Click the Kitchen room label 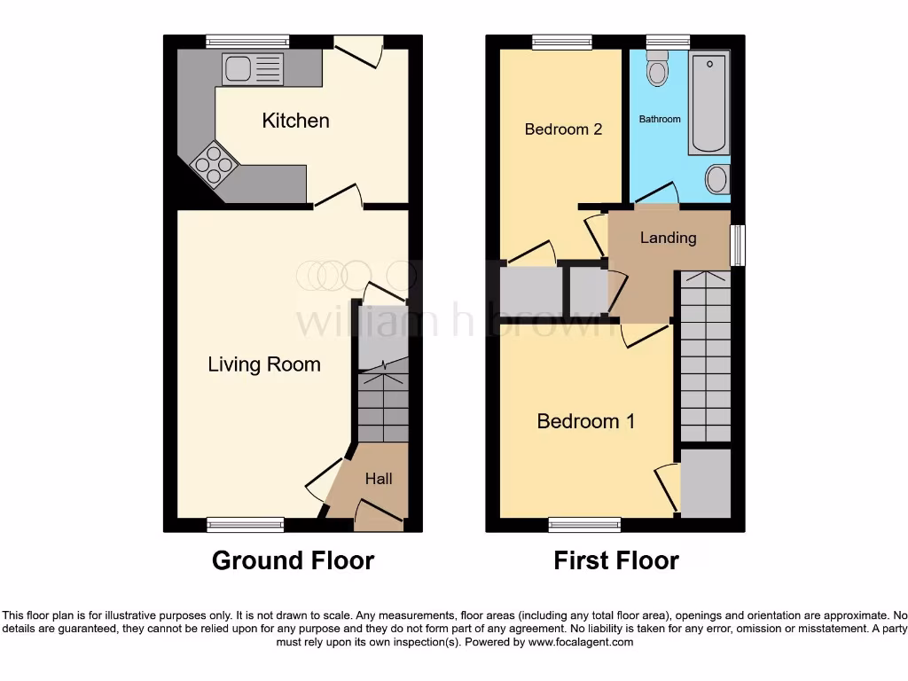295,121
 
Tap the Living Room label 264,364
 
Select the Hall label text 379,479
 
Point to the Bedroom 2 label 563,129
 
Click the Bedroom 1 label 585,421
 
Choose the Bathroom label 660,119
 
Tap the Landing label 668,238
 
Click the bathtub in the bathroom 708,103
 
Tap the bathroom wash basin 716,179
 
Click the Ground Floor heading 293,560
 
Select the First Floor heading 616,560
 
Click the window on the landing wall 736,244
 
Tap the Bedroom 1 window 584,525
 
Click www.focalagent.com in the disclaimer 580,642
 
